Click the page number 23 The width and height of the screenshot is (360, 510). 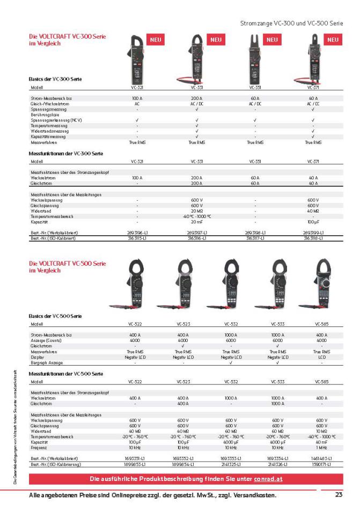click(x=338, y=494)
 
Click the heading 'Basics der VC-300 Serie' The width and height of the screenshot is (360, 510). click(x=55, y=78)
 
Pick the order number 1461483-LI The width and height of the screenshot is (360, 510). click(x=322, y=458)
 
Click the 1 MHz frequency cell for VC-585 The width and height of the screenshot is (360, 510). click(x=322, y=447)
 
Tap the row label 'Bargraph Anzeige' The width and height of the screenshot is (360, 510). click(x=47, y=362)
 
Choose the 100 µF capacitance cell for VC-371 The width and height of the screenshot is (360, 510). click(x=313, y=221)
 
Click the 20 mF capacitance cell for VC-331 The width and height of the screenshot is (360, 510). click(x=197, y=221)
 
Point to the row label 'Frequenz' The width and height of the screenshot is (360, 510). click(x=39, y=447)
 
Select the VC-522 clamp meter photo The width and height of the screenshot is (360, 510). click(x=135, y=285)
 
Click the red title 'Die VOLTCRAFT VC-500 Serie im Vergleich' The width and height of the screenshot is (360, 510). click(x=67, y=267)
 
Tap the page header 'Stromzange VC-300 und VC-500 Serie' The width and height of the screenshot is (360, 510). click(x=291, y=24)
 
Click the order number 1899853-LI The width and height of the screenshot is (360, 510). click(x=136, y=463)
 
